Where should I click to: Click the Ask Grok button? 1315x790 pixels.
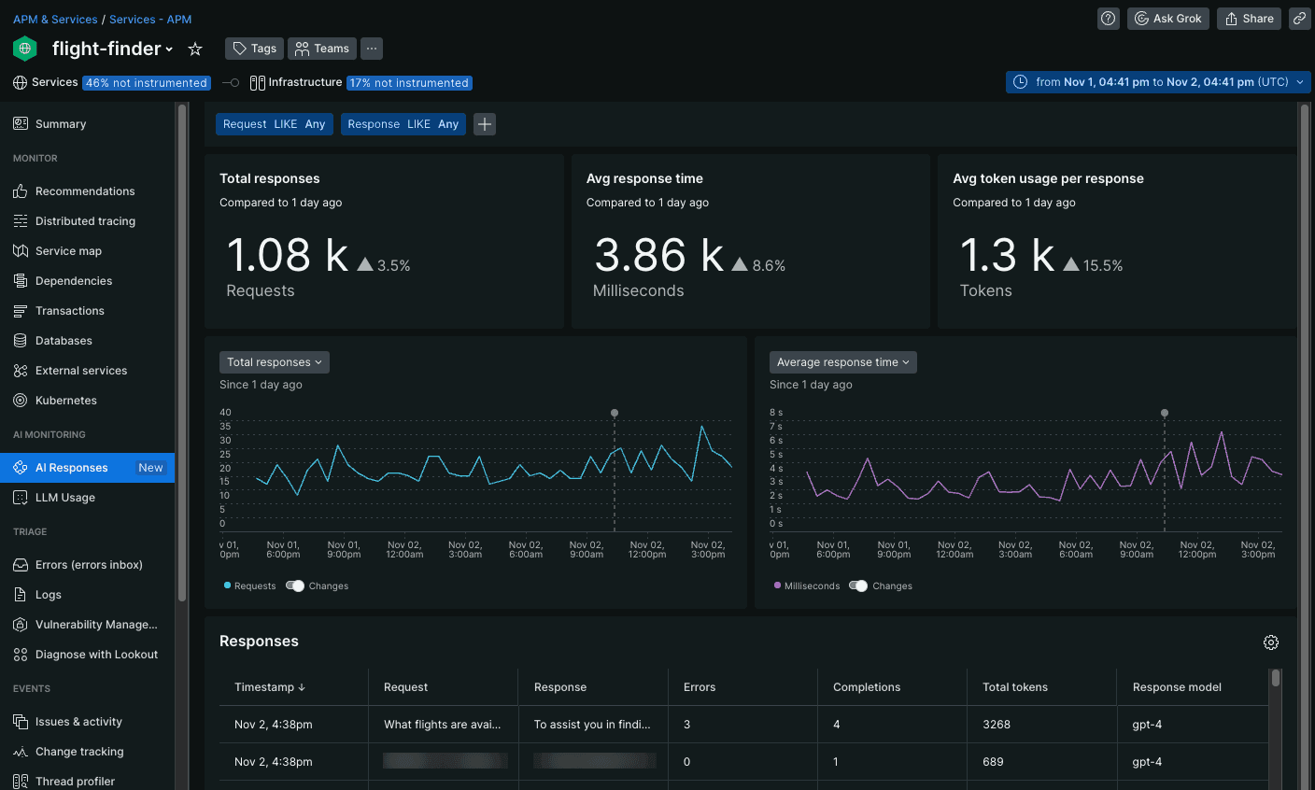[x=1167, y=19]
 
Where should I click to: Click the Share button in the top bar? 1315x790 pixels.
[x=1249, y=19]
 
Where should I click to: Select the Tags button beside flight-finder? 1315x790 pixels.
[x=254, y=49]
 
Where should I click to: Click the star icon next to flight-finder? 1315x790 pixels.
[x=195, y=49]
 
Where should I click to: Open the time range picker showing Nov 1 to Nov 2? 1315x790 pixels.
[x=1158, y=82]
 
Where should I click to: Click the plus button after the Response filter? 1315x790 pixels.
[x=485, y=124]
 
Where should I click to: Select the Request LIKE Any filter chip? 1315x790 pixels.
[x=274, y=124]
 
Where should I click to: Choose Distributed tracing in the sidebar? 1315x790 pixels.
[x=85, y=221]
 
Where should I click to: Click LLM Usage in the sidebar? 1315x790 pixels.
[x=65, y=498]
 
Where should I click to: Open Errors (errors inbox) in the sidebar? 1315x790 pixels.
[x=89, y=565]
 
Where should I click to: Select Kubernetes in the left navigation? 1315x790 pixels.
[x=66, y=401]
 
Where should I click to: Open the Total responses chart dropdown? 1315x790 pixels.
[x=274, y=362]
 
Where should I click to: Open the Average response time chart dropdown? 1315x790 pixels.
[x=842, y=362]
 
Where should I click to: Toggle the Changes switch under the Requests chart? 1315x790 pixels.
[x=295, y=586]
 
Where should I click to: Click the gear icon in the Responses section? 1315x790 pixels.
[x=1270, y=642]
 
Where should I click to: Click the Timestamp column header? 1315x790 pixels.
[x=269, y=687]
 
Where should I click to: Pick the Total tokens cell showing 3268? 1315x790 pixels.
[x=997, y=725]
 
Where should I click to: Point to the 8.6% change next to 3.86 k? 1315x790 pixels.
[x=768, y=266]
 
